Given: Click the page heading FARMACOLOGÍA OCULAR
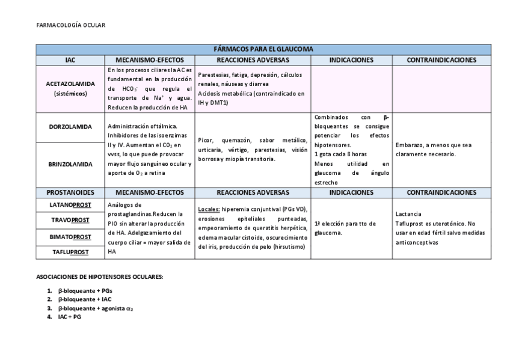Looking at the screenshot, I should [x=70, y=25].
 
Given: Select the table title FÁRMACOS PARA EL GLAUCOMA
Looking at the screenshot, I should [x=263, y=49].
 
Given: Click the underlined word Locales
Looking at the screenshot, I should [x=209, y=209].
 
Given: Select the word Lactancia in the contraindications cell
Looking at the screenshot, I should [x=408, y=214].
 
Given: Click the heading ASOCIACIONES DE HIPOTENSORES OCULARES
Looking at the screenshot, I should [x=99, y=277].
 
